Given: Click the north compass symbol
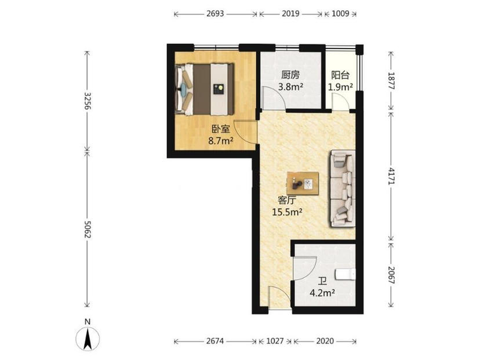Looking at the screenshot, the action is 88,339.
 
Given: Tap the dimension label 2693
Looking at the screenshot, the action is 215,14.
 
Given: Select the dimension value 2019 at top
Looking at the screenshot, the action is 290,14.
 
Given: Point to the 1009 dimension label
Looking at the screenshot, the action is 340,14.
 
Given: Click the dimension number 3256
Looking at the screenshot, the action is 87,101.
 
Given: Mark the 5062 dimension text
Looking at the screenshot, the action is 87,229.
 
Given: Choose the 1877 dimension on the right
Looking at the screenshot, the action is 391,80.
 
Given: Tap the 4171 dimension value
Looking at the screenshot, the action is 391,176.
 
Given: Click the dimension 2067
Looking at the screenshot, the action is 391,275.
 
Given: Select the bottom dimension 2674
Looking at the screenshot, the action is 215,341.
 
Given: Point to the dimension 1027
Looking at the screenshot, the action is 275,341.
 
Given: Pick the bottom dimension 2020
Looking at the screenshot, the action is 325,341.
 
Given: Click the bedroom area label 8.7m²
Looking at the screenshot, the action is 221,141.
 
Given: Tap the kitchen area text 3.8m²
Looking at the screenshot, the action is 290,87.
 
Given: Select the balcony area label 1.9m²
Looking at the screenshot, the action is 340,87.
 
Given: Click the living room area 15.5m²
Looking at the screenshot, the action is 287,212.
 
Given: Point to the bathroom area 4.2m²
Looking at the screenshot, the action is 322,293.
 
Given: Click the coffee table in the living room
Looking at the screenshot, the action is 303,184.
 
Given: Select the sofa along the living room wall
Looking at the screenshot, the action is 343,188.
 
